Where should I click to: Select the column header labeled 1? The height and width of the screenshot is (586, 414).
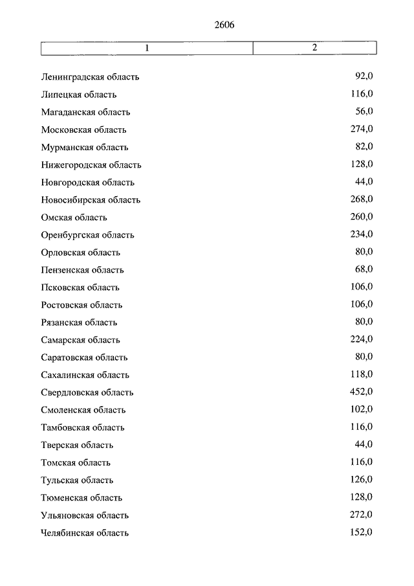point(147,48)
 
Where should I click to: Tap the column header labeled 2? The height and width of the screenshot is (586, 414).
point(314,48)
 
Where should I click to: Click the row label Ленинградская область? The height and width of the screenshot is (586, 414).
point(90,77)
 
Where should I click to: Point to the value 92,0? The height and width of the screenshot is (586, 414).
point(364,76)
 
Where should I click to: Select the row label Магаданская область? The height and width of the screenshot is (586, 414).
point(85,112)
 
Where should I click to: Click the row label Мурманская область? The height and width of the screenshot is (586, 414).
point(84,147)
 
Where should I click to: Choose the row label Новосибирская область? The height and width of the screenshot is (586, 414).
point(90,199)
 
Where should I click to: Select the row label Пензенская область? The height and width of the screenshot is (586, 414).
point(82,269)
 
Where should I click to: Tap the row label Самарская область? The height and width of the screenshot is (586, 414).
point(80,339)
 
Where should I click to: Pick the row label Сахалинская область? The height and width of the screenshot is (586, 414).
point(85,374)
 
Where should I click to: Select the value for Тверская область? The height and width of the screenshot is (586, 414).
point(364,444)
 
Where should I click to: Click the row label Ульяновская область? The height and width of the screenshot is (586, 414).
point(85,515)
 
